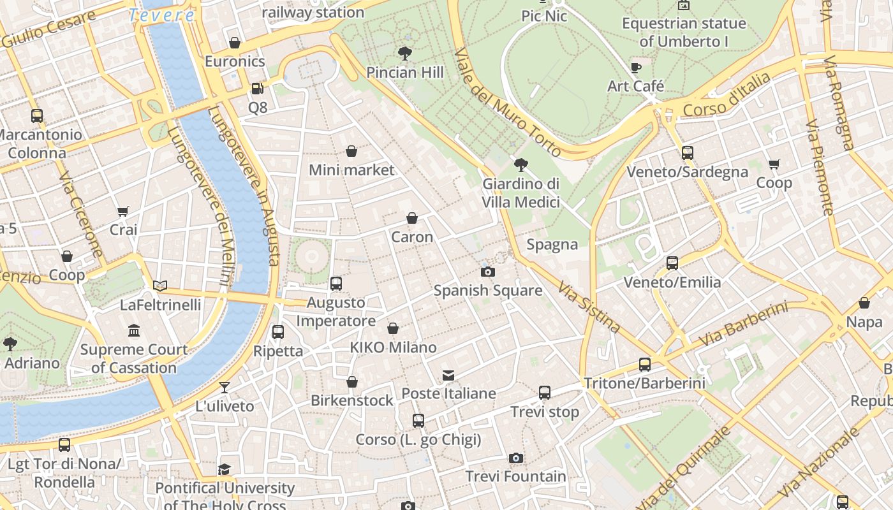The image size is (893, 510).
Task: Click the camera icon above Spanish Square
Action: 488,272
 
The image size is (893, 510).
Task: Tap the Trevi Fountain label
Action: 515,476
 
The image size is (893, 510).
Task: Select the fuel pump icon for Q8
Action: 257,89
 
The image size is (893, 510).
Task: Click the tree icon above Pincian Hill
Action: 404,54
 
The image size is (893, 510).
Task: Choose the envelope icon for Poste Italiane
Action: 448,375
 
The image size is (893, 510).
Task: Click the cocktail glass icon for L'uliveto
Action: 225,387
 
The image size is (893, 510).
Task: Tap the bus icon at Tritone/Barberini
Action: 645,365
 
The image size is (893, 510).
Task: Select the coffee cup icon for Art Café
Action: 635,68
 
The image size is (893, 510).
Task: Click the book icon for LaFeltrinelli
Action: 160,286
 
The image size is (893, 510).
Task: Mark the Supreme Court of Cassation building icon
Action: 134,331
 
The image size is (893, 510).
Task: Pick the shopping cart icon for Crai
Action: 123,211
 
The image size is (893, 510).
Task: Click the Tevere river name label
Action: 161,15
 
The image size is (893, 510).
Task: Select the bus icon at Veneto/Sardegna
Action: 687,153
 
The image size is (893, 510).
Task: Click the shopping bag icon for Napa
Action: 864,303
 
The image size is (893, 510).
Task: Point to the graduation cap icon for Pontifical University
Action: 224,470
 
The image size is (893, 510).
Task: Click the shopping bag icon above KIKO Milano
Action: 393,329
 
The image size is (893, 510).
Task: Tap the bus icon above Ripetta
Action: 278,332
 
